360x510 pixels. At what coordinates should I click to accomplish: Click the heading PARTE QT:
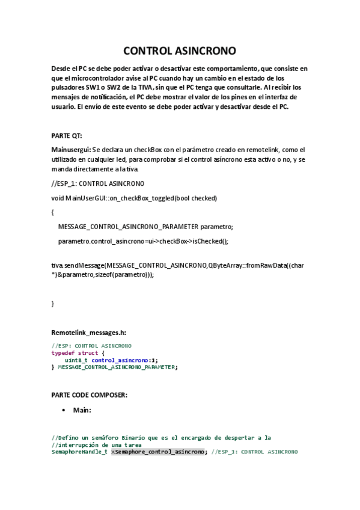click(67, 135)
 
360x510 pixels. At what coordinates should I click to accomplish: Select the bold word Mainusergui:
click(71, 149)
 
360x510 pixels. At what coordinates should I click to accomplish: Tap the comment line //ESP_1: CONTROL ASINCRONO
click(98, 183)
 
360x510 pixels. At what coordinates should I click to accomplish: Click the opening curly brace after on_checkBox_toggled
click(53, 212)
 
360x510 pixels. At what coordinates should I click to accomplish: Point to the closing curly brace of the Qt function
click(53, 304)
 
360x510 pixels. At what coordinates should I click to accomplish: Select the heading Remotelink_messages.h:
click(89, 332)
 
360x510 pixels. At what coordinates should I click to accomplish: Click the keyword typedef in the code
click(64, 353)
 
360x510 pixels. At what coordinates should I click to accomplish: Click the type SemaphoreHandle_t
click(79, 451)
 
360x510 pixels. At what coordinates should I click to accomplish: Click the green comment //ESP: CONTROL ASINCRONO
click(91, 346)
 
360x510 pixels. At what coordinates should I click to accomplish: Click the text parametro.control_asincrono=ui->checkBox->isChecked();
click(143, 241)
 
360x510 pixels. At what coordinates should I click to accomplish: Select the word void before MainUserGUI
click(58, 198)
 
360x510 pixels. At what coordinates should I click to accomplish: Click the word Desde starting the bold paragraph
click(63, 69)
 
